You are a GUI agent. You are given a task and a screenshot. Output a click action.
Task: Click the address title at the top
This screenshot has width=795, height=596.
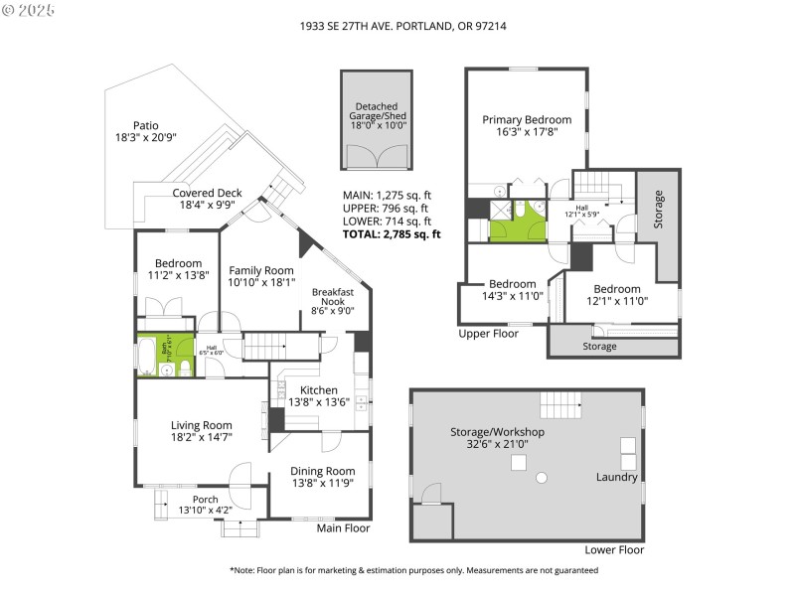[397, 27]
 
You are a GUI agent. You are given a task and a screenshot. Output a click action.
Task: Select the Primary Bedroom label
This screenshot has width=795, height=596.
[527, 120]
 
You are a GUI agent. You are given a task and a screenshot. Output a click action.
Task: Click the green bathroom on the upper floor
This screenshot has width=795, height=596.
[518, 219]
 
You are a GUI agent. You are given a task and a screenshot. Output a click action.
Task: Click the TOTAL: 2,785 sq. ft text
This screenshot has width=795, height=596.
[391, 234]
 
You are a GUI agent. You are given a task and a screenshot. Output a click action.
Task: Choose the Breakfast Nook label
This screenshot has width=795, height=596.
[333, 298]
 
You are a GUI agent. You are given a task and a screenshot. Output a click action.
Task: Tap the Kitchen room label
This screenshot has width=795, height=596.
[318, 390]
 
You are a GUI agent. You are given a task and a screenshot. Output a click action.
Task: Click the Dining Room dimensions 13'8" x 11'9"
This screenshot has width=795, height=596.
[322, 483]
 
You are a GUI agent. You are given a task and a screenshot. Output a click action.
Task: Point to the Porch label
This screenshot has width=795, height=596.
[205, 499]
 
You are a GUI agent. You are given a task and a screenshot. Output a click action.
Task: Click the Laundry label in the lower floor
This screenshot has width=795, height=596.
[616, 477]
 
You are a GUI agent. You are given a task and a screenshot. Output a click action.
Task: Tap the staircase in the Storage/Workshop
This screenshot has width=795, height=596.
[558, 405]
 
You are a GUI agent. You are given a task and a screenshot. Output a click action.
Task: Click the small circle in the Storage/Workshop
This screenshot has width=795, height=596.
[542, 478]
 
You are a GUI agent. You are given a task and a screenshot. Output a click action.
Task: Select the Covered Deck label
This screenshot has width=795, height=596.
[207, 193]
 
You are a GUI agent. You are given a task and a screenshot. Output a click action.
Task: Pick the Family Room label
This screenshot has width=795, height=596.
[261, 270]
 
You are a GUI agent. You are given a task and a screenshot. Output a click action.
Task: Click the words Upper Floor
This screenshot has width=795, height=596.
[488, 334]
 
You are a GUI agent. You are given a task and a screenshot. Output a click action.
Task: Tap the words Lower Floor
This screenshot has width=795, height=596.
[614, 549]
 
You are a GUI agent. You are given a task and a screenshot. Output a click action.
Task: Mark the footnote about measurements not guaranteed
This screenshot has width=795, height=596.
[413, 570]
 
